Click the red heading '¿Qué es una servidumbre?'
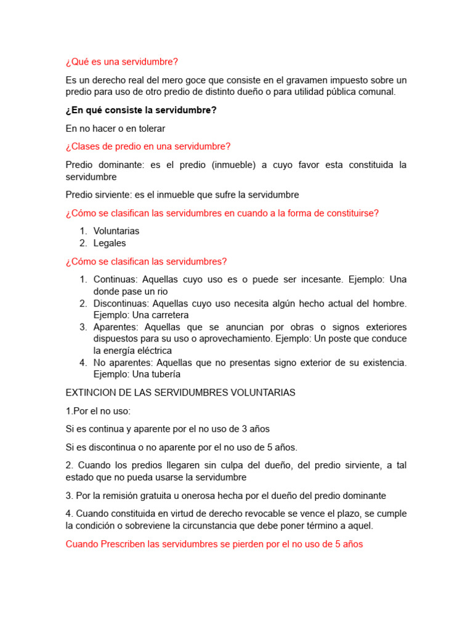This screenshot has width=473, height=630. tap(121, 62)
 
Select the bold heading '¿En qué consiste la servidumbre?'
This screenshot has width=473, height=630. tap(141, 110)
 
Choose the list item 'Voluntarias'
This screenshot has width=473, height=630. tap(116, 231)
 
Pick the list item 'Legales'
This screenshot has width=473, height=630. tap(110, 243)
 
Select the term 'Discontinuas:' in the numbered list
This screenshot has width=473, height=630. tap(121, 303)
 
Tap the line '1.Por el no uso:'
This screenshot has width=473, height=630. tap(98, 410)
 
